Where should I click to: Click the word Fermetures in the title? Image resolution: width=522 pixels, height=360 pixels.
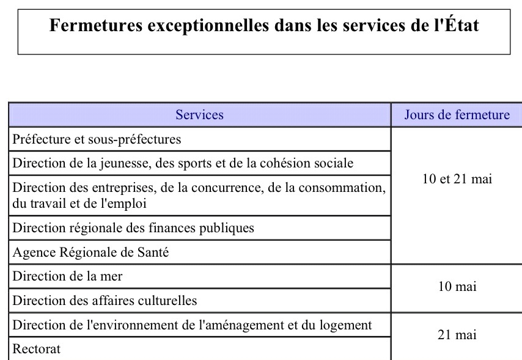click(x=96, y=25)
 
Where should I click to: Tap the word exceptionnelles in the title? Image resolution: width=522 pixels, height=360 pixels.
click(x=208, y=26)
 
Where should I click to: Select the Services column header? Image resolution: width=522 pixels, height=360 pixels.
click(x=199, y=114)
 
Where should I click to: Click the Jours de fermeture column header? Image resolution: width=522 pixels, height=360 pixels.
click(x=457, y=114)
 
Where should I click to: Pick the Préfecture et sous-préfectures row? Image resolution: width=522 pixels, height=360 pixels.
click(x=97, y=139)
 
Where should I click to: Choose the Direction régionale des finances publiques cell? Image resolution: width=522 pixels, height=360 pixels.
click(x=133, y=228)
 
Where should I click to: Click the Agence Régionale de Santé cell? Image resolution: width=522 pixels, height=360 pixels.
click(x=90, y=252)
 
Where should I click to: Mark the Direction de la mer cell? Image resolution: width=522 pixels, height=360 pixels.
click(x=67, y=276)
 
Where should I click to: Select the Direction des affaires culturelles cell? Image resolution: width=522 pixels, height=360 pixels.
click(x=105, y=301)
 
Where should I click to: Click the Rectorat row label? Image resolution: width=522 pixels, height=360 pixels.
click(x=36, y=349)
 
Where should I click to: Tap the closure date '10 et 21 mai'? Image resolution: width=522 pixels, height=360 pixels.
click(x=457, y=179)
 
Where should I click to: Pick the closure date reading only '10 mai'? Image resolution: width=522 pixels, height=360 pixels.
click(x=457, y=287)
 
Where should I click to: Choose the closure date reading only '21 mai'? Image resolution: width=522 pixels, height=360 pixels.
click(x=457, y=335)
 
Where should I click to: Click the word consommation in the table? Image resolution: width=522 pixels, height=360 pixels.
click(x=342, y=188)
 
